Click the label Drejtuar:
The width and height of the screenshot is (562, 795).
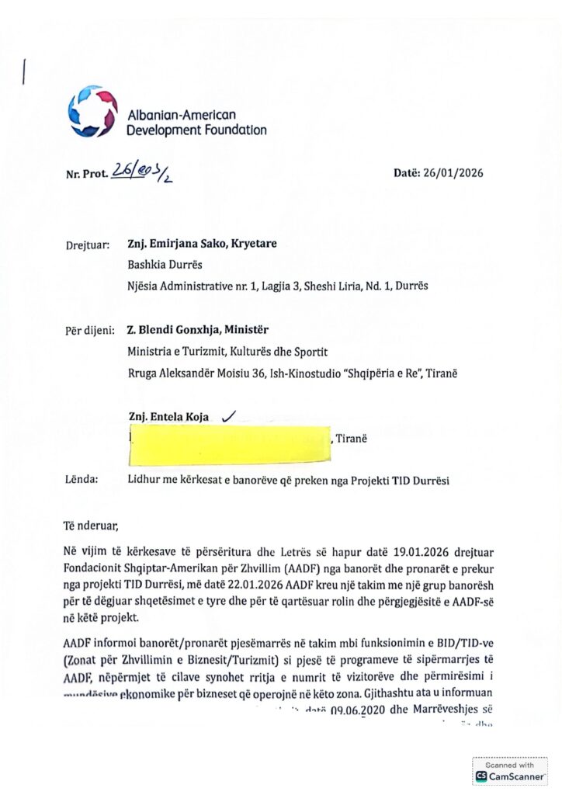[x=88, y=245]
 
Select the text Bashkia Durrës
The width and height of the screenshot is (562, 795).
[x=164, y=264]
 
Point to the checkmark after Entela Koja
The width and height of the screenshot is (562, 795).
[x=229, y=417]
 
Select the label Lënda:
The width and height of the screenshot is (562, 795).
[x=82, y=479]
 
